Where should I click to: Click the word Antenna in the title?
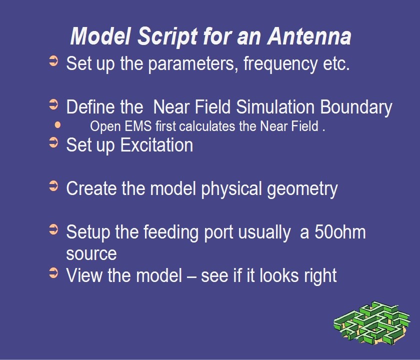(309, 36)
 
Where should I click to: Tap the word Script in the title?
(167, 36)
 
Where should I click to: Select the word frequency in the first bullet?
(280, 64)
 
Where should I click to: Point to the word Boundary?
(356, 107)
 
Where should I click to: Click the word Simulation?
(275, 106)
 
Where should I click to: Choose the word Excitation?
(156, 145)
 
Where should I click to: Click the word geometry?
(302, 189)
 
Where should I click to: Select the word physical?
(231, 189)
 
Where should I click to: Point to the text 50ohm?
(340, 231)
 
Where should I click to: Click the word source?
(91, 253)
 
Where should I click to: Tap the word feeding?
(171, 232)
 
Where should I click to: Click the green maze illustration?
(372, 323)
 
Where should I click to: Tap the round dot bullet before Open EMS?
(57, 125)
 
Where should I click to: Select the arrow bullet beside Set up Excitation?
(53, 142)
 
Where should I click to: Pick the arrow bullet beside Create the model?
(53, 186)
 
